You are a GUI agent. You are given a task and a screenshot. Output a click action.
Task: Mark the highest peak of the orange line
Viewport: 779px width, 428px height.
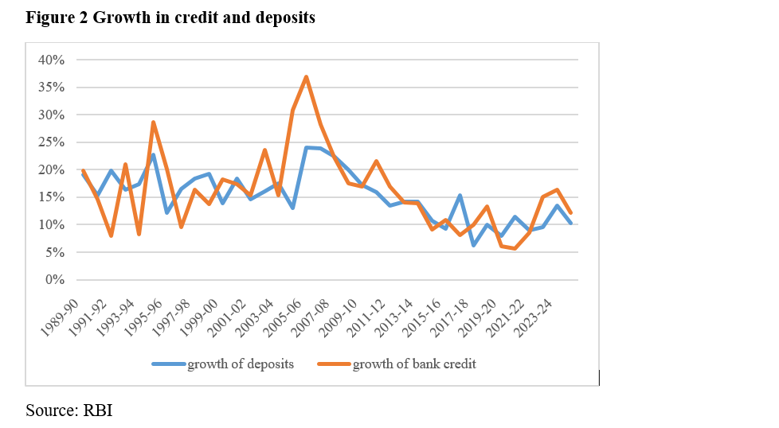[307, 77]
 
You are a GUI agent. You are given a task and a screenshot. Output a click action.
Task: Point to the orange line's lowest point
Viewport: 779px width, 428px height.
[515, 248]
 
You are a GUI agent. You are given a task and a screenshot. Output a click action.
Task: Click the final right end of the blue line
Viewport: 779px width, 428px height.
[571, 223]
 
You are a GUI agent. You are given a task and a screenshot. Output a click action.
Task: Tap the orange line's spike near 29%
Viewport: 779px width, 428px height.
[153, 123]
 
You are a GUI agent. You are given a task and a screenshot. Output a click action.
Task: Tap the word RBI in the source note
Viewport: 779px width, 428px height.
[100, 410]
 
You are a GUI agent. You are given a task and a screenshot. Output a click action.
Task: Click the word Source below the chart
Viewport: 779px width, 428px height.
[50, 410]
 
